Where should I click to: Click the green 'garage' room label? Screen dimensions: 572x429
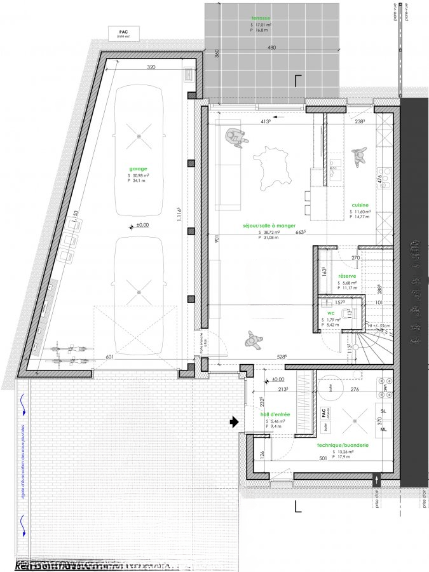[138, 168]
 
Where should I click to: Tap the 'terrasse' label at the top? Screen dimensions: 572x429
[261, 18]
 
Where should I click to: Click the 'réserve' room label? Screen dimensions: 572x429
[347, 276]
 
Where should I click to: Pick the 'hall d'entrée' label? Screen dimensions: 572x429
[275, 414]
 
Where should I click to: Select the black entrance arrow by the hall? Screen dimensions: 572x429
[234, 421]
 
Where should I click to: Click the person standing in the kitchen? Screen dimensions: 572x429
[360, 156]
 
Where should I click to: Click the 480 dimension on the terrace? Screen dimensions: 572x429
[271, 48]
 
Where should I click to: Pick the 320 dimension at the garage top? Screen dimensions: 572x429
[151, 67]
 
